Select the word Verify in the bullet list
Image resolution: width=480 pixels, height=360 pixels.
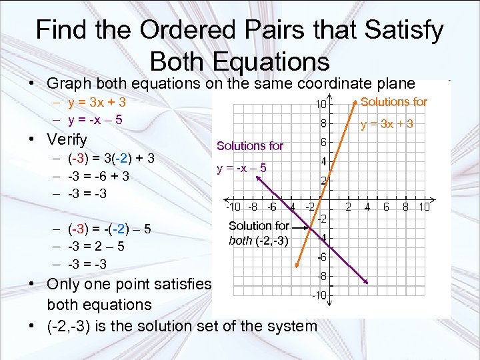(67, 139)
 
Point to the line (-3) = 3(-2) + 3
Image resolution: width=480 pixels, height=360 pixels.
(111, 159)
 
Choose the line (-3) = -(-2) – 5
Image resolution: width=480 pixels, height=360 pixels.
(109, 229)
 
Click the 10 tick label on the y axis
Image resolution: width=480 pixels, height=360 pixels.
(321, 104)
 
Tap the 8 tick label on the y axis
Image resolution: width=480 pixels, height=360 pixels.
(323, 123)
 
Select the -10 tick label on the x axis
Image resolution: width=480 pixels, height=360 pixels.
(233, 207)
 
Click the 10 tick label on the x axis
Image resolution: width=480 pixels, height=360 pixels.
(425, 207)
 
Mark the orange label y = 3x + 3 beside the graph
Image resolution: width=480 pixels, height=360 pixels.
(387, 124)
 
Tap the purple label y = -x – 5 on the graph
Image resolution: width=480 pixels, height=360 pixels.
(241, 168)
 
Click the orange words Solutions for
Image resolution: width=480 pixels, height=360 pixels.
(393, 101)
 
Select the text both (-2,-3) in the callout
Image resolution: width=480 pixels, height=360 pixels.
(259, 241)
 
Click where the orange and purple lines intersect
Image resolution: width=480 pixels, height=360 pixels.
(312, 228)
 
